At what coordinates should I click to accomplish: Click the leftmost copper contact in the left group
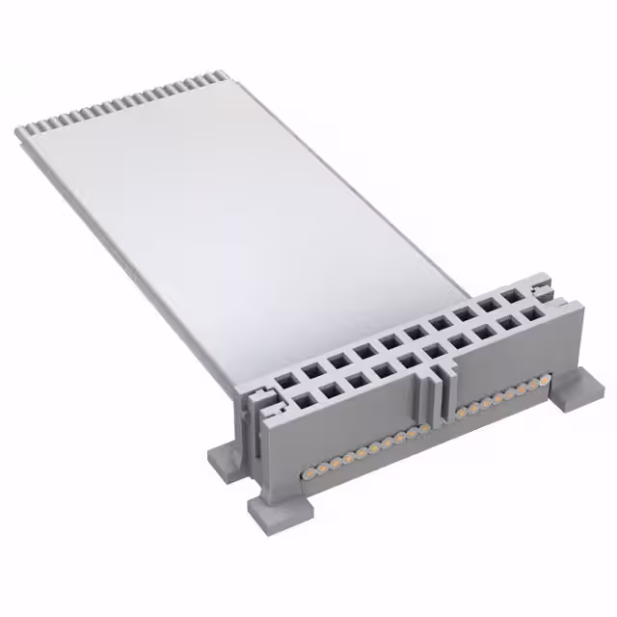coord(311,471)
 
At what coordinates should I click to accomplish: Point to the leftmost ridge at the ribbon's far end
coord(28,128)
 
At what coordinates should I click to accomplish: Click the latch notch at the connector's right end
coord(546,286)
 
